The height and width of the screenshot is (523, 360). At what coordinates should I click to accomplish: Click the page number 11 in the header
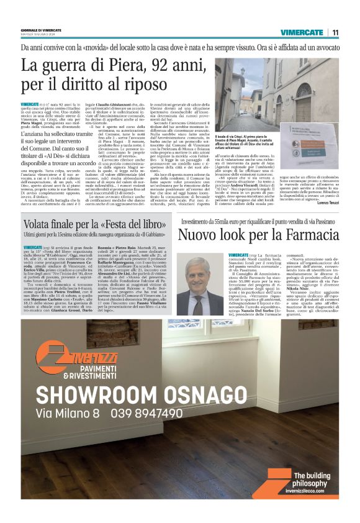coord(335,32)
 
